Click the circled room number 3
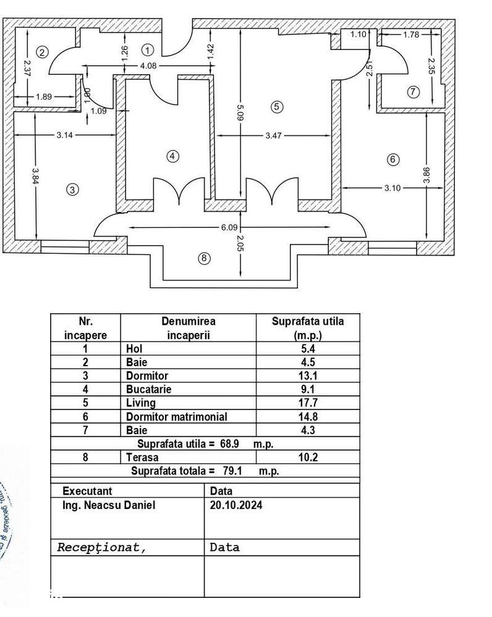[x=72, y=190]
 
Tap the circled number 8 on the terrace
[x=204, y=258]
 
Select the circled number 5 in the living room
[x=276, y=107]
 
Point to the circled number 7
[x=414, y=92]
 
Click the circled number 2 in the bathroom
[x=41, y=52]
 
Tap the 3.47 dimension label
[x=273, y=136]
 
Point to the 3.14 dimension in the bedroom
[x=65, y=136]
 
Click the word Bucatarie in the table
[x=148, y=389]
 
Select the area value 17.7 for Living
[x=307, y=403]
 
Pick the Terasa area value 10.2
[x=307, y=458]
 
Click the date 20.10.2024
[x=236, y=505]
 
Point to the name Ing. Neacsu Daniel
[x=109, y=505]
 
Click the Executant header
[x=87, y=491]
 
